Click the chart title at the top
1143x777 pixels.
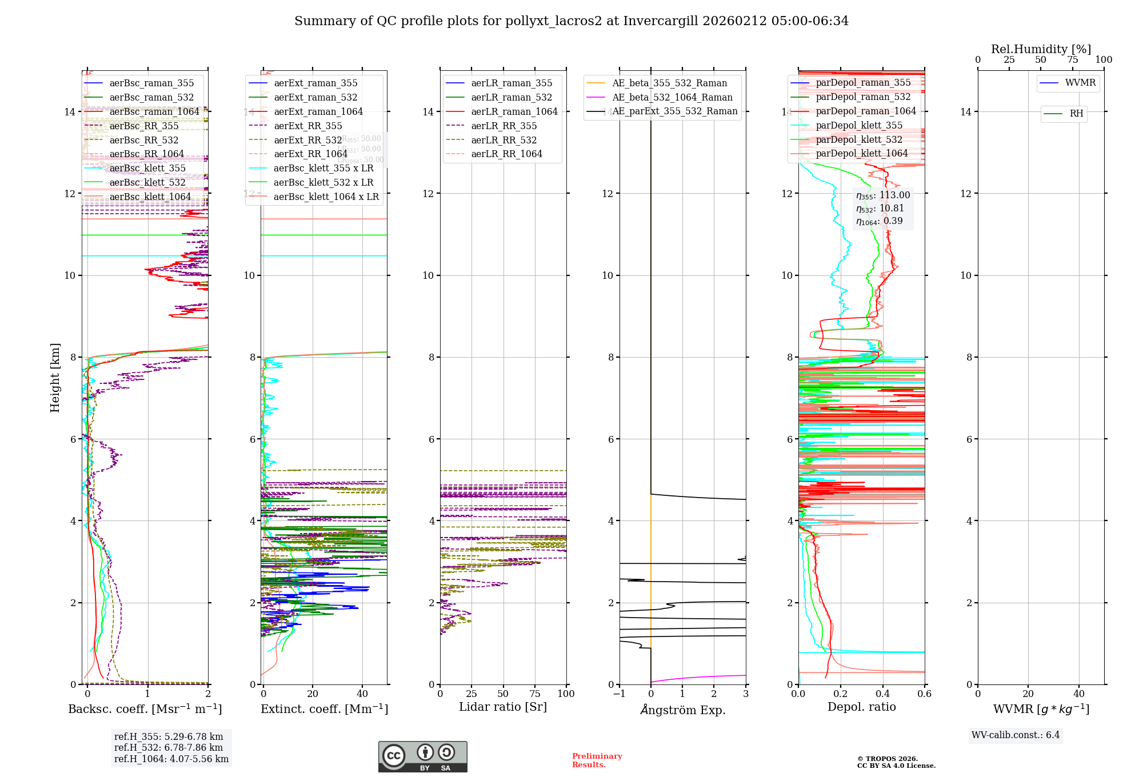(x=571, y=21)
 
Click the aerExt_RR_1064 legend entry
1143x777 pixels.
(x=310, y=154)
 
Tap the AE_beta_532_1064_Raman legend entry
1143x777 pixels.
(x=672, y=97)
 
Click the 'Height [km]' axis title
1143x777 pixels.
(x=55, y=377)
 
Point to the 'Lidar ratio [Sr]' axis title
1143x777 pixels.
(x=503, y=707)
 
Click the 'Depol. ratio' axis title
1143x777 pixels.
(x=861, y=707)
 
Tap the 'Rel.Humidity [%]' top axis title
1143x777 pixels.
(x=1041, y=49)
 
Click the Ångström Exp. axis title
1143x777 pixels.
(x=682, y=710)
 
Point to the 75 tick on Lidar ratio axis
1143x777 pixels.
(x=535, y=694)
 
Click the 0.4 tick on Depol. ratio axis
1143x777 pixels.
(x=882, y=694)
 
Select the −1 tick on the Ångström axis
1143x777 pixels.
(x=619, y=694)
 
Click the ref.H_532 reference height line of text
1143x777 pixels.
(x=169, y=748)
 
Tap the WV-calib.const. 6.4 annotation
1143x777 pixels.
(x=1016, y=735)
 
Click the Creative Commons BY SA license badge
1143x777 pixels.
(x=422, y=757)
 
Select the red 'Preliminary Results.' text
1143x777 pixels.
(x=597, y=760)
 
